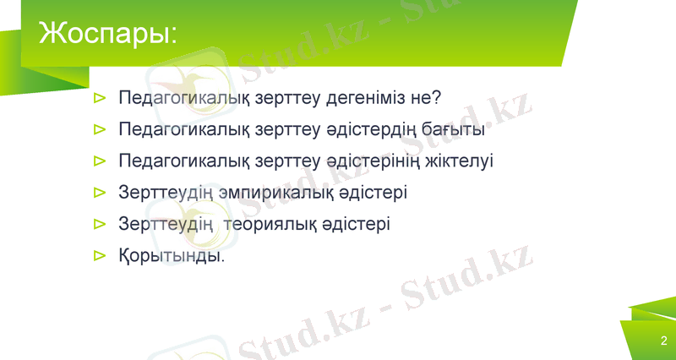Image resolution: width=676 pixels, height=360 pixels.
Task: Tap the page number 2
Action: [x=663, y=341]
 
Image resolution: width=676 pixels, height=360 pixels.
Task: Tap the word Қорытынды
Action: [x=171, y=254]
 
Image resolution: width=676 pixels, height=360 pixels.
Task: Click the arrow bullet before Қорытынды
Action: [x=99, y=254]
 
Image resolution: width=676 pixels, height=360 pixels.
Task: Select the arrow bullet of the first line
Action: [x=99, y=99]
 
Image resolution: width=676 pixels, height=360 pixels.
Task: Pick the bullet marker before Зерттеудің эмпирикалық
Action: [x=99, y=193]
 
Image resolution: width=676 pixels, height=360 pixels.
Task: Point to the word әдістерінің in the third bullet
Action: [x=376, y=161]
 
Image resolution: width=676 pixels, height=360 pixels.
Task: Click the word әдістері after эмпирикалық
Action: [x=373, y=192]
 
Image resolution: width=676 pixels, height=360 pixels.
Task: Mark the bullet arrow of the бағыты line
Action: [x=99, y=130]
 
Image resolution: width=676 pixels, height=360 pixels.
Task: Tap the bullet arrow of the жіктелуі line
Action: [x=99, y=161]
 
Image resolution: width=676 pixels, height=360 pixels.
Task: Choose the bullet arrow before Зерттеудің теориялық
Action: [x=99, y=224]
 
